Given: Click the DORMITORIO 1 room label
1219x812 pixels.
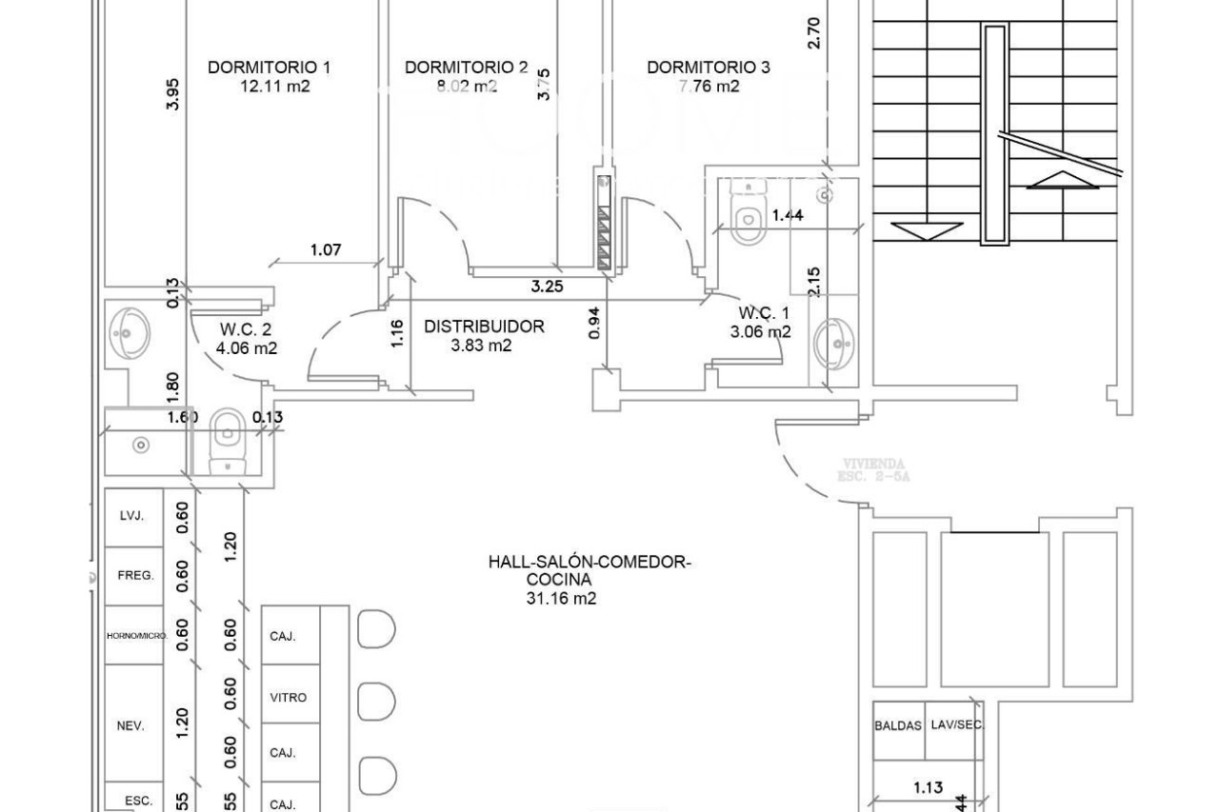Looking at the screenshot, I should tap(269, 68).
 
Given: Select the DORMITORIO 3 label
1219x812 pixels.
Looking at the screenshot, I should tap(709, 68).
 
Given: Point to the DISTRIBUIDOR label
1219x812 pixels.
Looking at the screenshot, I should tap(484, 327).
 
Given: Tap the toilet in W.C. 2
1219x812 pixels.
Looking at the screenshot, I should tap(226, 436).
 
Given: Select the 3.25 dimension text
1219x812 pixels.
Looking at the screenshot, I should tap(547, 286).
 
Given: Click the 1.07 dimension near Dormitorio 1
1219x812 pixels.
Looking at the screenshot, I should tap(326, 251).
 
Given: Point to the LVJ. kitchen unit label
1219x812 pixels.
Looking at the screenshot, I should tap(132, 516).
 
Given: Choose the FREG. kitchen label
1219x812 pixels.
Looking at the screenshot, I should tap(135, 576).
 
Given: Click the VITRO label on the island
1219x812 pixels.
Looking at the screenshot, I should tap(289, 698).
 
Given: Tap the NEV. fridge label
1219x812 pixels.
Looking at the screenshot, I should tap(130, 726).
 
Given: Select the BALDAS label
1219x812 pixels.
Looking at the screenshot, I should tap(898, 725).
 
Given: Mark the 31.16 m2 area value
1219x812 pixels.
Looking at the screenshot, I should tap(560, 599).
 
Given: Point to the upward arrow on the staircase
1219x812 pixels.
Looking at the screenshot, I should tap(1062, 180).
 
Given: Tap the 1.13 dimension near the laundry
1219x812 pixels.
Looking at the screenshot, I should tap(928, 787).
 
